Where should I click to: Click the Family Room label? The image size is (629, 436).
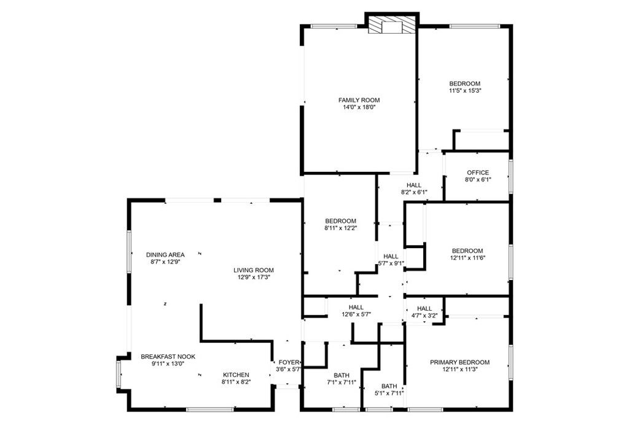[359, 100]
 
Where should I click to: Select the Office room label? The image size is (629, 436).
[477, 173]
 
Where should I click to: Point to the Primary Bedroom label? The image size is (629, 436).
[468, 362]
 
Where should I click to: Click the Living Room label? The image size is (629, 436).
[253, 270]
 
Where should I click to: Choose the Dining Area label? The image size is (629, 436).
[165, 255]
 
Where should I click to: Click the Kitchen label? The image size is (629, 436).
[236, 375]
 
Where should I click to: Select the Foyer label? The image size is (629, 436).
[288, 362]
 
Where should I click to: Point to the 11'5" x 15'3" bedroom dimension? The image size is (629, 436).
[464, 91]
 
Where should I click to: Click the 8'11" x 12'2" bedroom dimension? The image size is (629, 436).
[340, 228]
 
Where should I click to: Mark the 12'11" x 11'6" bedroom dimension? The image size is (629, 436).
[467, 258]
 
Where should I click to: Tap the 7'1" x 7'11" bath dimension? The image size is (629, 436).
[341, 383]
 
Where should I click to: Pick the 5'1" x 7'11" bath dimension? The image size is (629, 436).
[389, 394]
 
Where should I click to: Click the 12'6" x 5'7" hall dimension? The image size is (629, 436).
[356, 315]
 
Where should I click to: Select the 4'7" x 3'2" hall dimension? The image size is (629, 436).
[424, 316]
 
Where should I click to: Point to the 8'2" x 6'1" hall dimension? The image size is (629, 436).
[413, 192]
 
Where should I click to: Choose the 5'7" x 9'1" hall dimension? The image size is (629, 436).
[391, 264]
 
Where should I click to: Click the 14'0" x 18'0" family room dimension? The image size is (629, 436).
[359, 107]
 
